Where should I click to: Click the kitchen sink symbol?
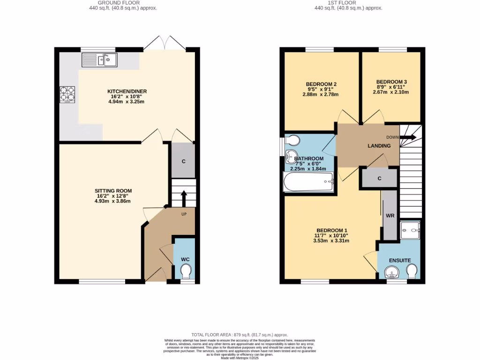point(99,60)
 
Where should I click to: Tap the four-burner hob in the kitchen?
point(67,94)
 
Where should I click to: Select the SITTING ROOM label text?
point(113,191)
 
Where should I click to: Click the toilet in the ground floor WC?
point(186,271)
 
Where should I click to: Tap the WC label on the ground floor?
point(185,259)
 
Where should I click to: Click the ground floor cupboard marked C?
point(183,161)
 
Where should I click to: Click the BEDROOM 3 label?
point(391,82)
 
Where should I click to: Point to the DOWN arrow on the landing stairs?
point(408,137)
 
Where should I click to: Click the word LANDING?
point(379,146)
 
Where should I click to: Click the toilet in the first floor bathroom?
point(293,140)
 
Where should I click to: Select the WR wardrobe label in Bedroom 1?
point(390,216)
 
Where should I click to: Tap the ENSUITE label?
point(400,261)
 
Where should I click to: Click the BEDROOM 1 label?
point(331,230)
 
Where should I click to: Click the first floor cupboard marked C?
point(379,178)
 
